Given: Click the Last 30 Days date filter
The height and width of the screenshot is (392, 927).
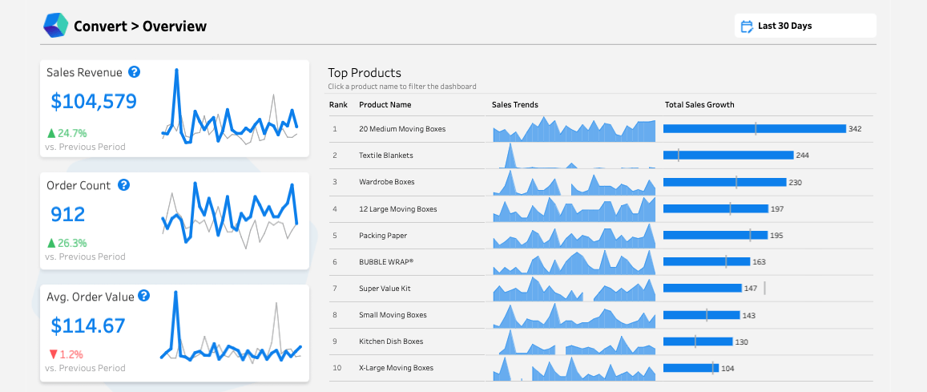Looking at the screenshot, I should pos(804,26).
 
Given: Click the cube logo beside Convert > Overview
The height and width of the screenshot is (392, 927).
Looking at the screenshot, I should pos(56,26).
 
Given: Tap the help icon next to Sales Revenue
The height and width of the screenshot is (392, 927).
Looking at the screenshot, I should pos(135,72).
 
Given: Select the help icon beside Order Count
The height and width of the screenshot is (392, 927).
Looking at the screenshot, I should pos(123,185).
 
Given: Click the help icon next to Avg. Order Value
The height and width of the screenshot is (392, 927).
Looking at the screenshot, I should pos(143,296).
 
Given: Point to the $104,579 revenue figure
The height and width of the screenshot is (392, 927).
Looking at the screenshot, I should pos(94,101).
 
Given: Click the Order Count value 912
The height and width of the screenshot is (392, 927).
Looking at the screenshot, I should pos(68,214).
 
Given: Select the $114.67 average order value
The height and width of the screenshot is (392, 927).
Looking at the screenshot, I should pos(88,325).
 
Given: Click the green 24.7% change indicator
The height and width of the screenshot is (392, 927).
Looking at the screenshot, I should pos(67,133).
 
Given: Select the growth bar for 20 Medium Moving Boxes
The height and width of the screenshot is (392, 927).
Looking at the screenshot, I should pos(754,129).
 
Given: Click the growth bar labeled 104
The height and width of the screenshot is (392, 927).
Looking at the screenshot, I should pos(690,369).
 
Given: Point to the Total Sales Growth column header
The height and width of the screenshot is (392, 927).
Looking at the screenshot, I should pos(699,105).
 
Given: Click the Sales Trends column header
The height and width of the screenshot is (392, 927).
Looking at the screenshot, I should pos(514,105).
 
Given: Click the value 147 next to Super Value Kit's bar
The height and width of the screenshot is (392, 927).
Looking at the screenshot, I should pos(751,289).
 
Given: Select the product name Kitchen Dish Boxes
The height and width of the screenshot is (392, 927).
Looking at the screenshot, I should pos(391,341).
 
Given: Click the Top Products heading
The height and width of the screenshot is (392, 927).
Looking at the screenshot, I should pos(365,73).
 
